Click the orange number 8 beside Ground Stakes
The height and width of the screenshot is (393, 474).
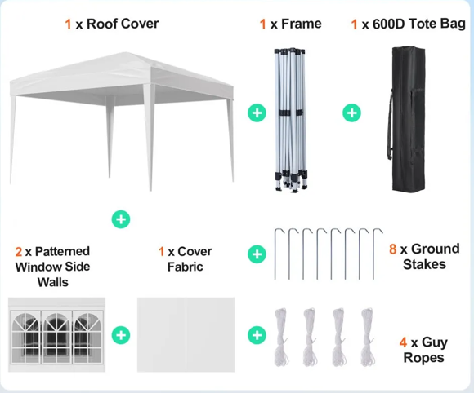(392, 249)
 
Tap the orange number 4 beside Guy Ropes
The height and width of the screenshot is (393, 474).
(403, 342)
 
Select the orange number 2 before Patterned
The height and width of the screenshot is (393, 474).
(19, 252)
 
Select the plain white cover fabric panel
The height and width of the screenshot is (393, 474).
(186, 335)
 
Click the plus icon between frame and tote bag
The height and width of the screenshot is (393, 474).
(351, 113)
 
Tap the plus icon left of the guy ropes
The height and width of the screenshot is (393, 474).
(257, 334)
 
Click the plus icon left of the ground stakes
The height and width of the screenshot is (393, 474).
(257, 254)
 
